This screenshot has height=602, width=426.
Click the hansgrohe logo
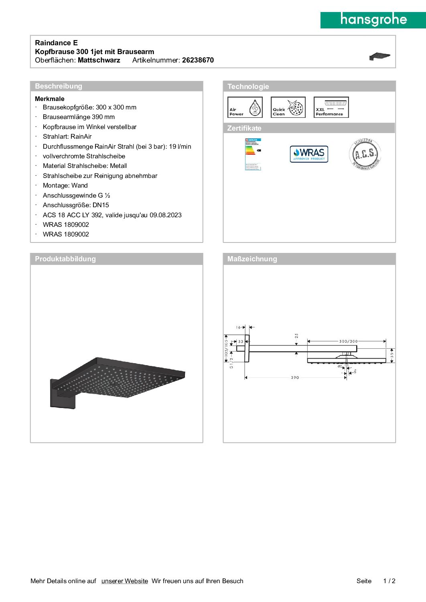pos(373,20)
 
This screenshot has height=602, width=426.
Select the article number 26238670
pos(198,60)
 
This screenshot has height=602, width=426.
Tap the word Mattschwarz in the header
pos(99,60)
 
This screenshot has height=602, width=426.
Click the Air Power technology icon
pos(245,107)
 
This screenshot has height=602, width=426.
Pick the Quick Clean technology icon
pos(288,107)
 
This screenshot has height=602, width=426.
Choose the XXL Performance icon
pos(331,107)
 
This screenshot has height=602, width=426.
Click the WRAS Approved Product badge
pos(309,154)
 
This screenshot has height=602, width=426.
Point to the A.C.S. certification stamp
pos(365,154)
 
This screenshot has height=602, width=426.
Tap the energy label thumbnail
pos(253,154)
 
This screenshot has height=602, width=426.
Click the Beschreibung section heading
pos(59,86)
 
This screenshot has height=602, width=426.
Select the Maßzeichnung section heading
pos(252,259)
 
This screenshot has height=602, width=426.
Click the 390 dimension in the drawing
pos(295,378)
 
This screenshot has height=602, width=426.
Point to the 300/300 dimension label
pos(348,341)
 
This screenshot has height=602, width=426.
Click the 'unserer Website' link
pos(124,581)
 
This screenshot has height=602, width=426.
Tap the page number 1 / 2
pos(389,581)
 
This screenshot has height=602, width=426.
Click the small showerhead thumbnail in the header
pos(379,57)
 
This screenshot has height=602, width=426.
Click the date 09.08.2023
pos(166,215)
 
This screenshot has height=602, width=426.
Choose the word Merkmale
pos(50,99)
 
